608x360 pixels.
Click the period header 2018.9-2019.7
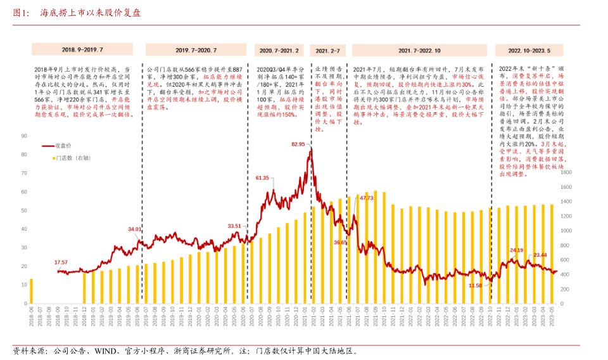[x=82, y=49]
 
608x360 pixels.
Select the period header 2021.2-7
[x=327, y=49]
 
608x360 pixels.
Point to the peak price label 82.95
[x=299, y=145]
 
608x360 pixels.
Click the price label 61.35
[x=262, y=178]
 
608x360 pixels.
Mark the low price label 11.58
[x=475, y=286]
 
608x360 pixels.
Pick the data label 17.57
[x=61, y=262]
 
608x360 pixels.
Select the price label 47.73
[x=367, y=198]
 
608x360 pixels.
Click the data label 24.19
[x=517, y=250]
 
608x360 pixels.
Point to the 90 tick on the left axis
[x=23, y=136]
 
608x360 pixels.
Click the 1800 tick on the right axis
[x=566, y=172]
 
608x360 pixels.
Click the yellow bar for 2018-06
[x=31, y=293]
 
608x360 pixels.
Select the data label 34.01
[x=135, y=229]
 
